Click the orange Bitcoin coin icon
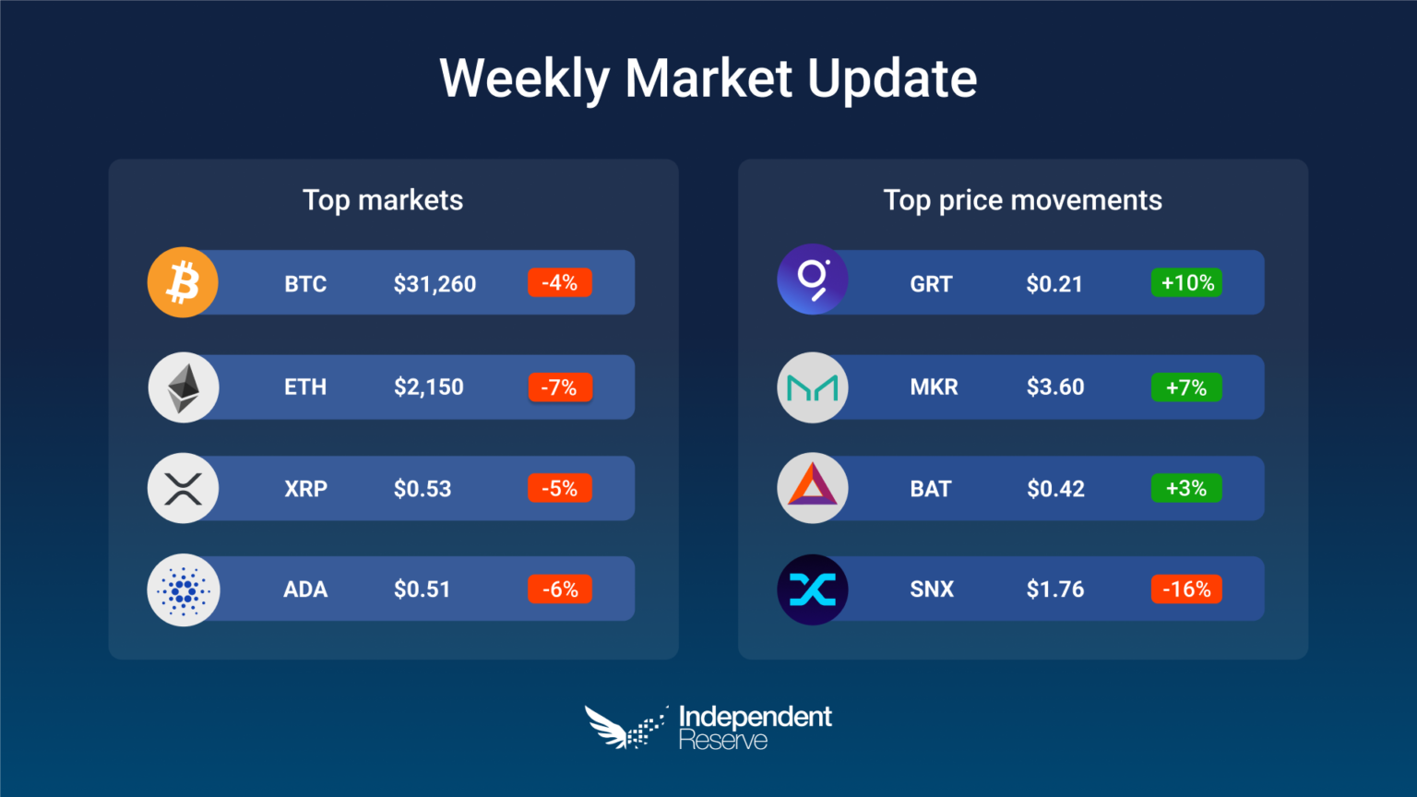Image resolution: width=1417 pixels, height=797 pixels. (x=183, y=282)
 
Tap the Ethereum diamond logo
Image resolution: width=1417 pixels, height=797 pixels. (x=184, y=387)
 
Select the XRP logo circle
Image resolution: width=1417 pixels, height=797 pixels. (x=183, y=488)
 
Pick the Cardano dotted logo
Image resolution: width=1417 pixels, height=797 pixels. (x=184, y=590)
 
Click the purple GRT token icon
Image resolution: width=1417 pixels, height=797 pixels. (x=812, y=279)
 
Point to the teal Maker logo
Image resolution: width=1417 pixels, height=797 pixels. (x=812, y=387)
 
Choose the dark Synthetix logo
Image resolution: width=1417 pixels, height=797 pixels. (x=812, y=589)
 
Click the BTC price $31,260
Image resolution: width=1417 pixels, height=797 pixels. (x=435, y=284)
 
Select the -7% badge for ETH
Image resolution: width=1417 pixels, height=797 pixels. (x=561, y=387)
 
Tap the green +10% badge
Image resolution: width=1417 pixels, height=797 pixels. (x=1186, y=283)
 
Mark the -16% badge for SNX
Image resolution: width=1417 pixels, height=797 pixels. (x=1186, y=589)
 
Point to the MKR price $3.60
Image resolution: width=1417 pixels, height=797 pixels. (x=1055, y=387)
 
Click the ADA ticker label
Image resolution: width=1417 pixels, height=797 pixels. (x=305, y=589)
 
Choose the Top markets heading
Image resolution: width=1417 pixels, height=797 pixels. (x=383, y=200)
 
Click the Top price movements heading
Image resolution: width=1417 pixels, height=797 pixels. (x=1022, y=200)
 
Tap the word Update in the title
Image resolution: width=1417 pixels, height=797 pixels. (x=892, y=79)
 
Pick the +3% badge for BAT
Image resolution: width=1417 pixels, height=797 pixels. (x=1186, y=488)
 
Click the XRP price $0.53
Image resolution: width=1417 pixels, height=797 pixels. (x=423, y=489)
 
